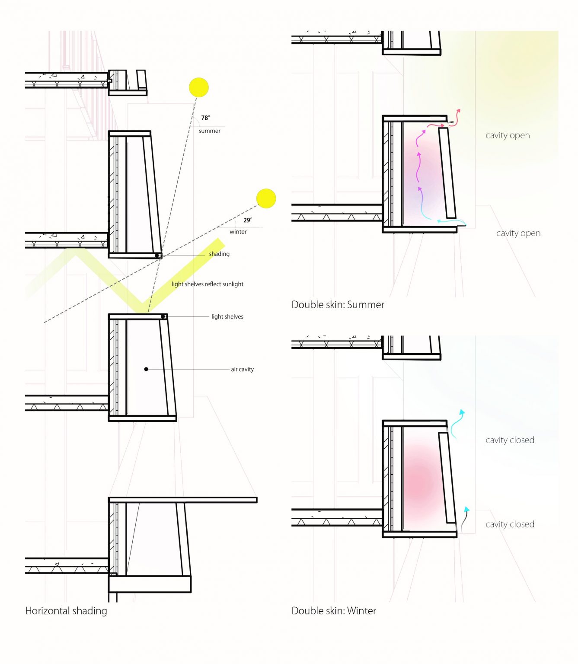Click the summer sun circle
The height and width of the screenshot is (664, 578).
tap(199, 87)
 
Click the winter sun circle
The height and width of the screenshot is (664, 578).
tap(266, 198)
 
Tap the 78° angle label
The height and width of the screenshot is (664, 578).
tap(205, 118)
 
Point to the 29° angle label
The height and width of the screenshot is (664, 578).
tap(247, 220)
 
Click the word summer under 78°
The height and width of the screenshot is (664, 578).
tap(209, 131)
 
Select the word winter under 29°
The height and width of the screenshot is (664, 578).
tap(238, 232)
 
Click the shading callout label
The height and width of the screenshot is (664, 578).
tap(219, 254)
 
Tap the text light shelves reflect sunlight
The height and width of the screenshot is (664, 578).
tap(208, 284)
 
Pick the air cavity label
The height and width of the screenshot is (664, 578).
tap(242, 369)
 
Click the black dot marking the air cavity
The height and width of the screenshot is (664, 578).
tap(146, 369)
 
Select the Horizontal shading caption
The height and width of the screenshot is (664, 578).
tap(66, 610)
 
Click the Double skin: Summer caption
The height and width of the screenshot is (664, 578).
tap(338, 305)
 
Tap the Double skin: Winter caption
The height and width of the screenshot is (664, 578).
tap(334, 610)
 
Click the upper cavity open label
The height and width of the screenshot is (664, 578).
tap(508, 135)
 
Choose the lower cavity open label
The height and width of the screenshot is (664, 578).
tap(518, 233)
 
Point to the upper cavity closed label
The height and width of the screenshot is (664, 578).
tap(510, 440)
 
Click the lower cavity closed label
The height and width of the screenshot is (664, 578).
tap(510, 524)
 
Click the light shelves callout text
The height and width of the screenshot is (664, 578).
tap(227, 317)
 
